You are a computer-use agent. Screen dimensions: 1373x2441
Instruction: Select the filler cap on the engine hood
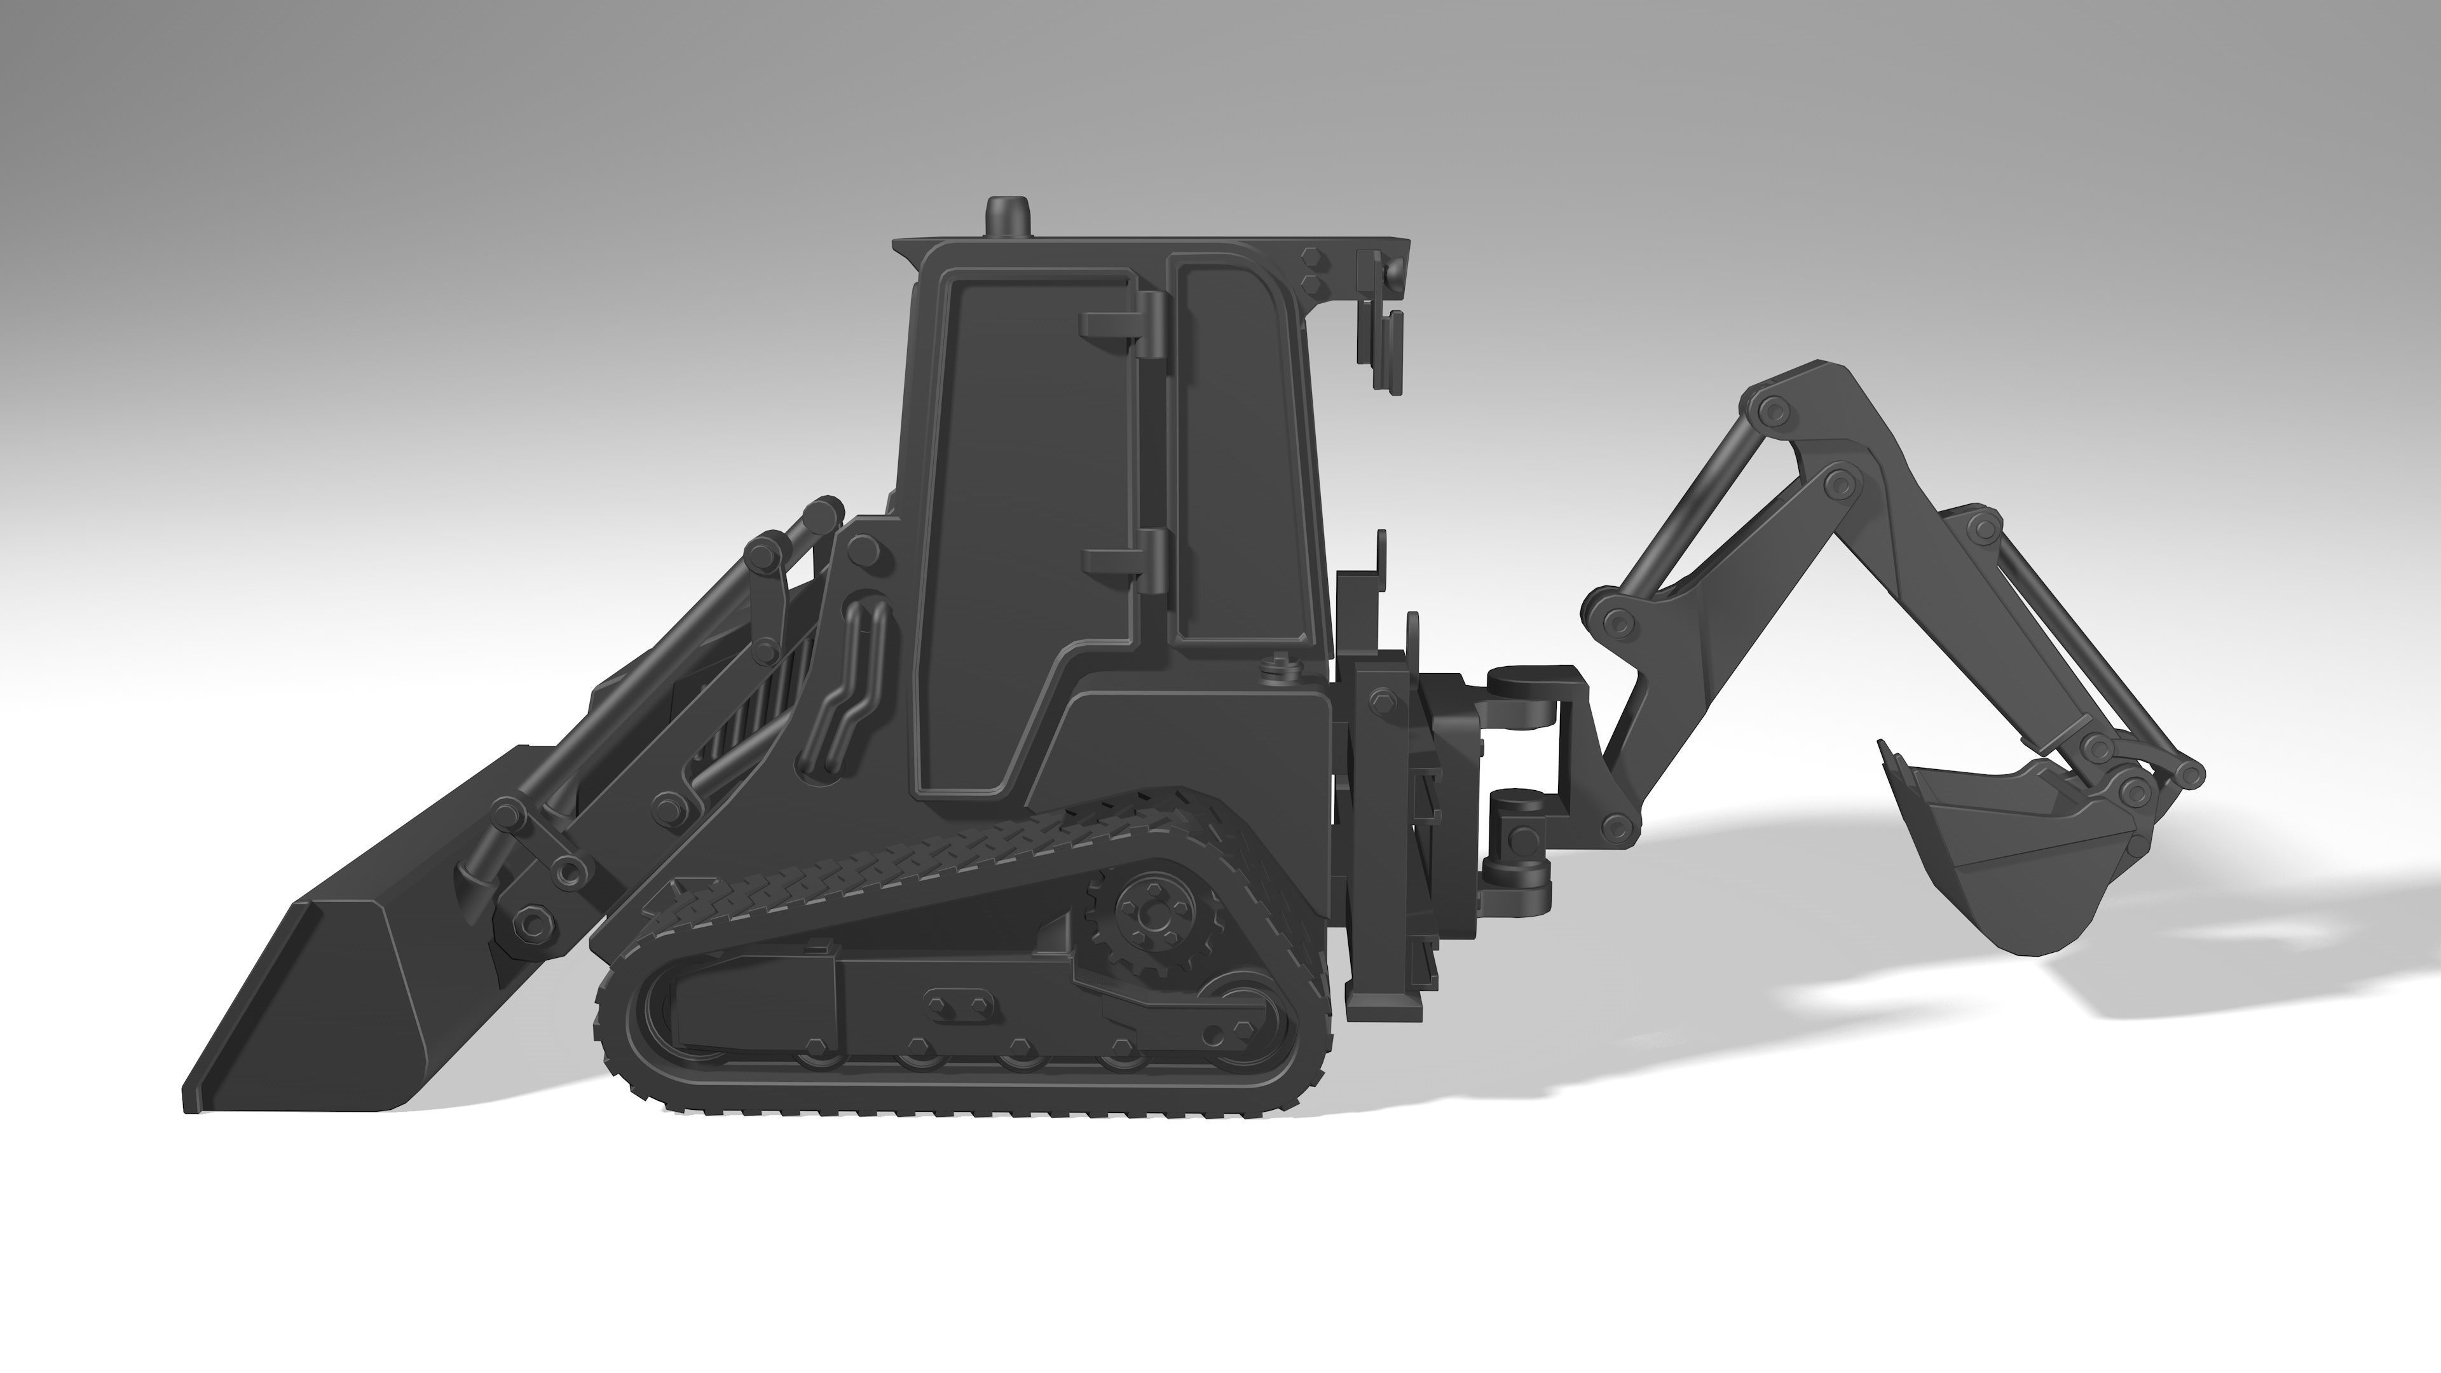click(1277, 668)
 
